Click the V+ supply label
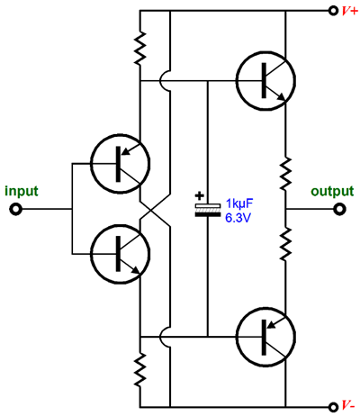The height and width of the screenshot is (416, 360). tap(350, 11)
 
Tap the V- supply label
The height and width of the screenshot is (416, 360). tap(349, 406)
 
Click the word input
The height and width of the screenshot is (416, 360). tap(22, 192)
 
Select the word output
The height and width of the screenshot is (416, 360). tap(332, 192)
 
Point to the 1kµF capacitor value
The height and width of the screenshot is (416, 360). tap(239, 203)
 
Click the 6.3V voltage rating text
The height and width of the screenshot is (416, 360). tap(238, 218)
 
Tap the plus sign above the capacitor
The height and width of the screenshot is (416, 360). tap(200, 196)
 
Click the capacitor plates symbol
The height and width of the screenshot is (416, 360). tap(208, 210)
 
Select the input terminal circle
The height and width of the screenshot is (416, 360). tap(15, 209)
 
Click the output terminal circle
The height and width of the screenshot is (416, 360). tap(339, 209)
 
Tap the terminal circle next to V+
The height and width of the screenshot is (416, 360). tap(333, 11)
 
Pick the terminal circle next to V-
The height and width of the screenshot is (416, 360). tap(333, 407)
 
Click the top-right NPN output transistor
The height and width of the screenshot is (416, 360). tap(265, 80)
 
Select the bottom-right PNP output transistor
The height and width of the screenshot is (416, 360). tap(265, 337)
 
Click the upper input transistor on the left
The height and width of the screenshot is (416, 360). tap(120, 164)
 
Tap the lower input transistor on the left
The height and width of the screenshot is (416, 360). tap(120, 254)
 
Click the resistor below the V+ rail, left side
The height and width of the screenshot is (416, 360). tap(140, 49)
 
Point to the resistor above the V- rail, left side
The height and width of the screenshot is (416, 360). tap(140, 369)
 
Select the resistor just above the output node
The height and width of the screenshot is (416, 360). tap(285, 173)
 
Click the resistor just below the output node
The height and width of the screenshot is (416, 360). tap(285, 244)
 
